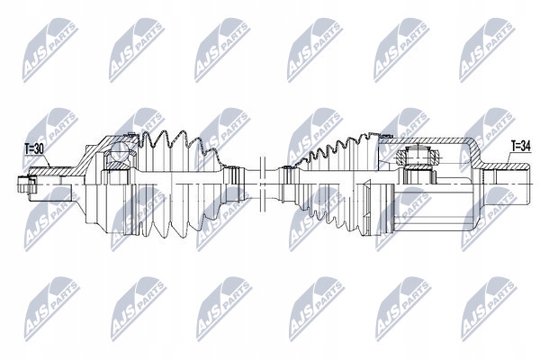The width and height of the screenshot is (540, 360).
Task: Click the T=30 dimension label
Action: point(34,148)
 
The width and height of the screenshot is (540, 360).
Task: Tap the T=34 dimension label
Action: point(520,147)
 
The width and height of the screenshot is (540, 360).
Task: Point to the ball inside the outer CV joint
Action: point(118,151)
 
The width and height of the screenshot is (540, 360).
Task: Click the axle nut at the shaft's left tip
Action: point(25,185)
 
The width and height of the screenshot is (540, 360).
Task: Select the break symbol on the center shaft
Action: point(262,184)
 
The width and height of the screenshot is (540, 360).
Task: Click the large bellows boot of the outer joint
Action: point(179,184)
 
